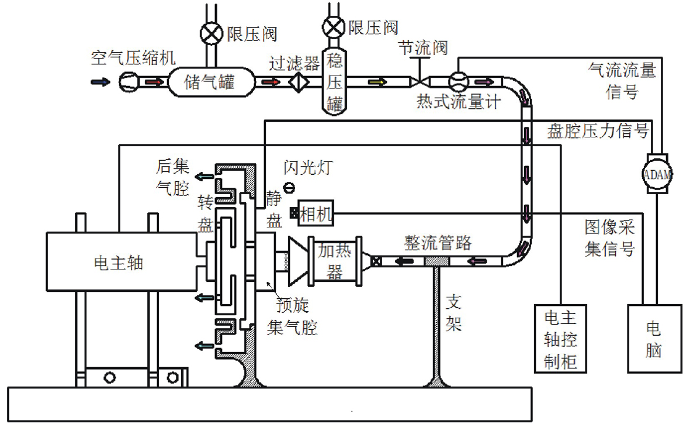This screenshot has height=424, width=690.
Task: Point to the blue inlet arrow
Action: tap(99, 82)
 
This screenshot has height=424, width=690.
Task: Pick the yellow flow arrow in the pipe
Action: tap(378, 82)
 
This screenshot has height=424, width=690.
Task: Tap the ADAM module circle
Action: tap(657, 173)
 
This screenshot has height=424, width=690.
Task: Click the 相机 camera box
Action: tap(315, 213)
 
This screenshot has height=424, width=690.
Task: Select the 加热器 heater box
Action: tap(335, 260)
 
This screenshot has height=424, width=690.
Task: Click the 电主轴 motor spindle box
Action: tap(120, 261)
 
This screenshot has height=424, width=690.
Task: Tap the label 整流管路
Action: tap(437, 243)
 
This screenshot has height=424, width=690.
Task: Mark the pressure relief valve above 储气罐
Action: tap(209, 33)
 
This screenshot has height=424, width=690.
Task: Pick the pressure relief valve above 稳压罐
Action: tap(334, 27)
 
